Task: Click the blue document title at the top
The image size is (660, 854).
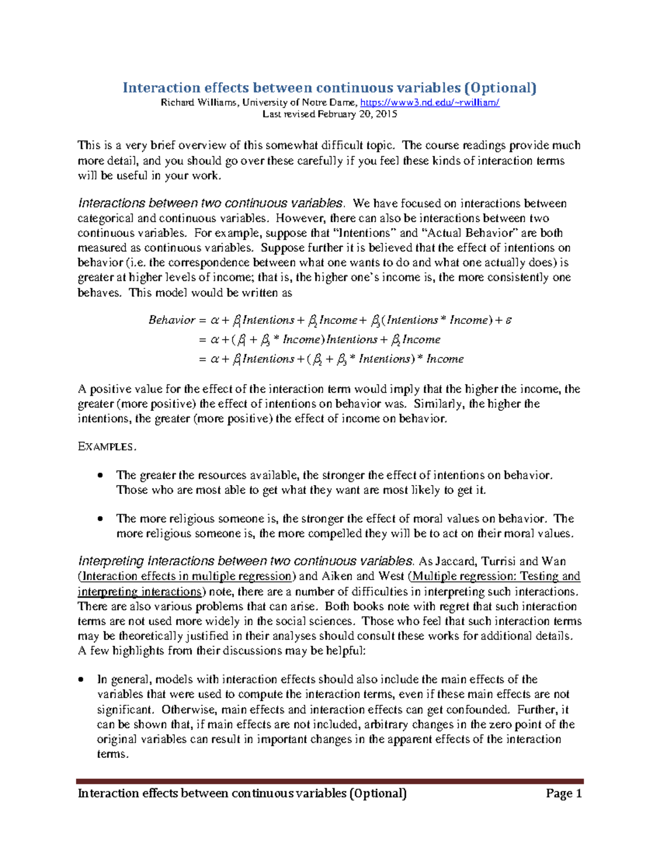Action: tap(329, 87)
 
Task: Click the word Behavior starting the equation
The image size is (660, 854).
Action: tap(172, 320)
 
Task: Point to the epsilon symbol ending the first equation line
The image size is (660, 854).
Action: tap(509, 320)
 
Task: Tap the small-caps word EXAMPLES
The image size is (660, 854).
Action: tap(106, 447)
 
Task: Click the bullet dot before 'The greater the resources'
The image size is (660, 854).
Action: tap(100, 475)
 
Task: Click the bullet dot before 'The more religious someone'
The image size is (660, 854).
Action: tap(100, 519)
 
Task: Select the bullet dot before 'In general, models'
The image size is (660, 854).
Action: tap(81, 680)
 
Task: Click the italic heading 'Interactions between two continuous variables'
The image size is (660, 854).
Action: tap(211, 203)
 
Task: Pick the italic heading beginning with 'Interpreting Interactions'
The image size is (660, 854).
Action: tap(245, 561)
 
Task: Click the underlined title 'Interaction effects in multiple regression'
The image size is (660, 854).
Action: tap(187, 576)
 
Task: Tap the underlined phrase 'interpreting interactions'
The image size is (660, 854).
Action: tap(140, 592)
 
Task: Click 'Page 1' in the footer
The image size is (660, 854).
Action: tap(564, 793)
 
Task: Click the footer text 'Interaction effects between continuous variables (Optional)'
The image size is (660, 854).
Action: tap(242, 793)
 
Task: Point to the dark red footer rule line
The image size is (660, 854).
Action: tap(329, 781)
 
